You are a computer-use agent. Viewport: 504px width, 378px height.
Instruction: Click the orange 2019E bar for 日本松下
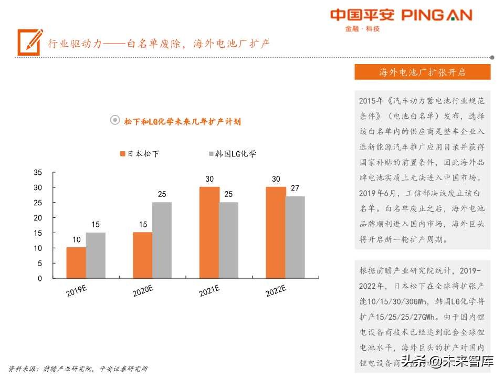coord(76,262)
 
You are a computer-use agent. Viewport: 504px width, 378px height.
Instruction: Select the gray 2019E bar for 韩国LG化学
coord(96,255)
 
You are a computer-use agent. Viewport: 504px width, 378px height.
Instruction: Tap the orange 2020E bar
coord(142,255)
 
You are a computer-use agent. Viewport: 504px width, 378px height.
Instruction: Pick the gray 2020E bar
coord(162,240)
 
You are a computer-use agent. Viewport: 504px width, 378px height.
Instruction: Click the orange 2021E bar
coord(209,233)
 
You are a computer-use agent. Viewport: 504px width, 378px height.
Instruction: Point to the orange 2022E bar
coord(276,233)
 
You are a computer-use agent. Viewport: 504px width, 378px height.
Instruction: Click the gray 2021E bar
coord(228,240)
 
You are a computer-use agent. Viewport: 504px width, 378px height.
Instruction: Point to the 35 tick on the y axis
coord(38,172)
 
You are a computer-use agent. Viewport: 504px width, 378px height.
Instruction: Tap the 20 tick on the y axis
coord(38,218)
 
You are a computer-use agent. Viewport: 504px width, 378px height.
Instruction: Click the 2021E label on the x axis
coord(209,290)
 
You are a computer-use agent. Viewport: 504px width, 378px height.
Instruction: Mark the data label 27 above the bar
coord(295,188)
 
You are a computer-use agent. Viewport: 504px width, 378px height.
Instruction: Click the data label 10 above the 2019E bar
coord(76,239)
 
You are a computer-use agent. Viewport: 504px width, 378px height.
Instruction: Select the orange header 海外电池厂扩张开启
coord(422,72)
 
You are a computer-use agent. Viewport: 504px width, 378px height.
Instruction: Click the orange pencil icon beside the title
coord(29,41)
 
